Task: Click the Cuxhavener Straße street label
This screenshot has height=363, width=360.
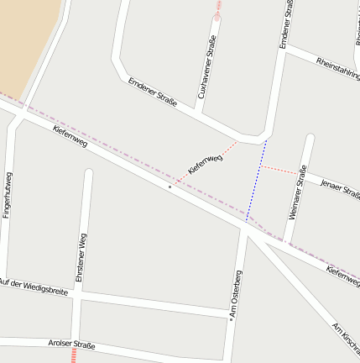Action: tap(206, 66)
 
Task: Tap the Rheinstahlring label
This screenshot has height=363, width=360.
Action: tap(337, 68)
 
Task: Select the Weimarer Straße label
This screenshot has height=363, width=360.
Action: tap(297, 192)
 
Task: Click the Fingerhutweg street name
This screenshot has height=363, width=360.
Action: tap(8, 197)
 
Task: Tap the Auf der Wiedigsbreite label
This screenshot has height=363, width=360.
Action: tap(34, 286)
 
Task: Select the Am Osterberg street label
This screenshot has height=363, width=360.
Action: tap(237, 294)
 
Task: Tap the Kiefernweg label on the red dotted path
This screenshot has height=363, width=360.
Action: tap(206, 163)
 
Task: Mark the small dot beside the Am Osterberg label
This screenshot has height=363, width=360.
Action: tap(231, 318)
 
